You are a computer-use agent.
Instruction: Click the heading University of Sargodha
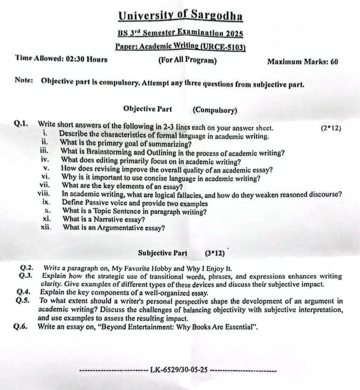pyautogui.click(x=180, y=16)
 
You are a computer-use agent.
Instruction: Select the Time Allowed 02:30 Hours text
pyautogui.click(x=61, y=59)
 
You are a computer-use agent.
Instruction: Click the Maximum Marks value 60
pyautogui.click(x=334, y=61)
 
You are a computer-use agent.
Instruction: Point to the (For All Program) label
pyautogui.click(x=187, y=60)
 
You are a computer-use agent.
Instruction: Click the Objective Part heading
pyautogui.click(x=147, y=109)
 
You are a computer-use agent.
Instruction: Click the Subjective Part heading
pyautogui.click(x=162, y=253)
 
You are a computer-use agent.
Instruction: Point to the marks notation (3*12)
pyautogui.click(x=215, y=253)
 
